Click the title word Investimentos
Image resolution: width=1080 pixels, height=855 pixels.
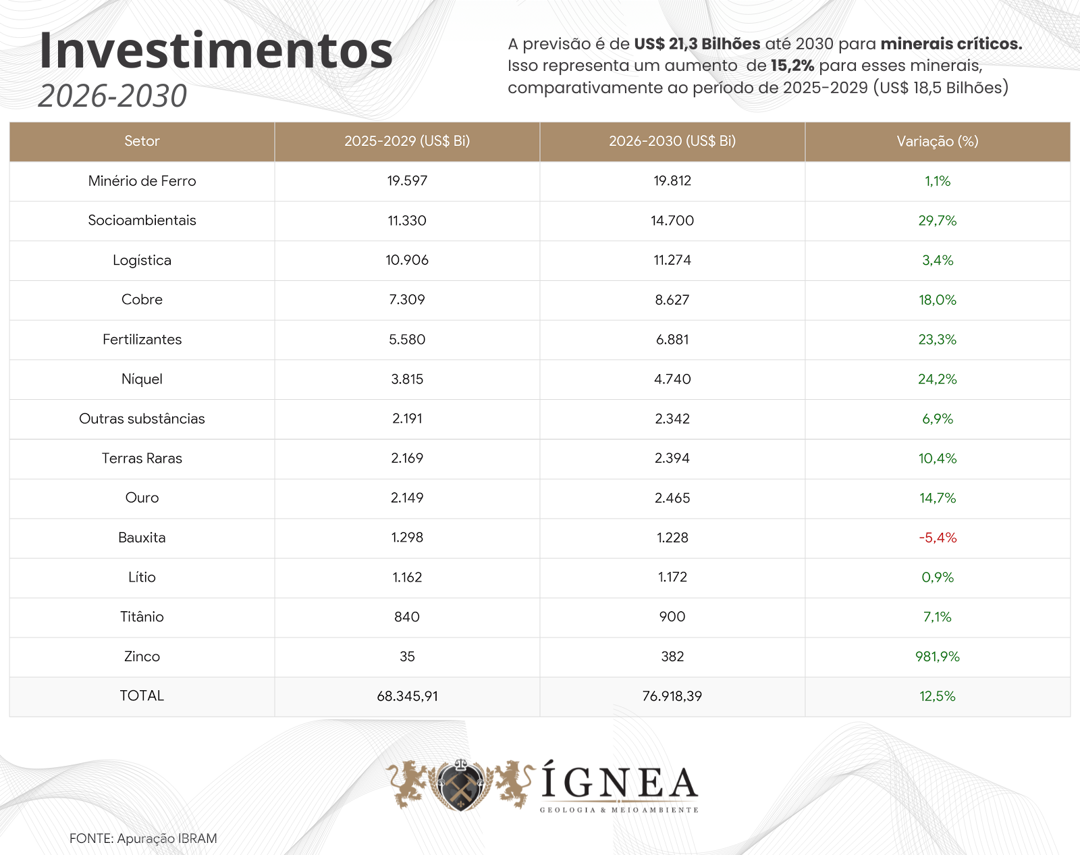click(216, 51)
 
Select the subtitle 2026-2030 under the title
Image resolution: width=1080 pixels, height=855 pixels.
click(113, 96)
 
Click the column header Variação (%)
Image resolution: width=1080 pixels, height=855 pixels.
click(938, 141)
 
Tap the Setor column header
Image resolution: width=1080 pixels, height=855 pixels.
click(142, 141)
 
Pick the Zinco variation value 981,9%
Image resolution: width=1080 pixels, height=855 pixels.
click(938, 656)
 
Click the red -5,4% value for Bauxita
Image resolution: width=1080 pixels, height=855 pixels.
click(938, 538)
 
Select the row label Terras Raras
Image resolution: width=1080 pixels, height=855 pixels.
click(142, 459)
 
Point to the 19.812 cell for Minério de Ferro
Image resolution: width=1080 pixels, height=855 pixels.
click(672, 181)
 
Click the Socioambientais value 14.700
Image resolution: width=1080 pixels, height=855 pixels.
click(672, 221)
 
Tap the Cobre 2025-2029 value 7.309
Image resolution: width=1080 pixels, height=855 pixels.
click(407, 300)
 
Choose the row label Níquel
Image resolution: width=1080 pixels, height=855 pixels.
click(142, 379)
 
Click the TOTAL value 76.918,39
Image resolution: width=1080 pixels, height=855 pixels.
click(672, 696)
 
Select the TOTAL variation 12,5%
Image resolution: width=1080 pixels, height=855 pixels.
click(938, 696)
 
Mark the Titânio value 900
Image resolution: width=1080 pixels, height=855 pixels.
click(672, 617)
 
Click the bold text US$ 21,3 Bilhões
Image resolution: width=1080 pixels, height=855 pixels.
click(697, 44)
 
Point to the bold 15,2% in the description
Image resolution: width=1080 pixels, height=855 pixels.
click(792, 66)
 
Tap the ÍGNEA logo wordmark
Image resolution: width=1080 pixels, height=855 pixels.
click(620, 783)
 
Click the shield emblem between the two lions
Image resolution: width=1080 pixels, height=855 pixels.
click(460, 785)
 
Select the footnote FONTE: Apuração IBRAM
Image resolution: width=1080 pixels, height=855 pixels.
click(143, 839)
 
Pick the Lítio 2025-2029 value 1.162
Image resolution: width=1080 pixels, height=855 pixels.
click(407, 577)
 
